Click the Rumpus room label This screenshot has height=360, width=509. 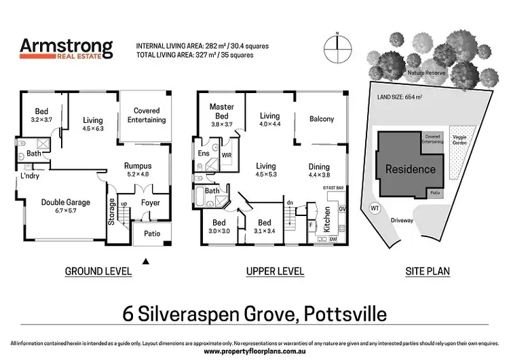[139, 169]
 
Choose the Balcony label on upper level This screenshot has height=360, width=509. [321, 119]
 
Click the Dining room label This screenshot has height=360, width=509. [319, 170]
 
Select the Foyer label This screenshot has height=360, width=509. [150, 202]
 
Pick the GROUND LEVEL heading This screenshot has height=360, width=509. [98, 272]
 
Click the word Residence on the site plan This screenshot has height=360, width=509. [410, 169]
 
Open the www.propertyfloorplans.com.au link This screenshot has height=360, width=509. [254, 352]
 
